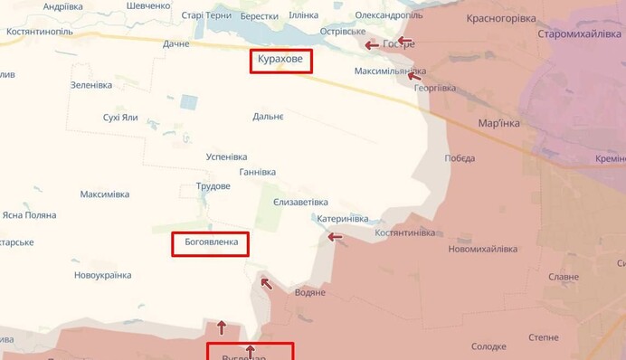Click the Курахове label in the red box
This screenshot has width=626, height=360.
[281, 61]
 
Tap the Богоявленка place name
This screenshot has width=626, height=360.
[209, 243]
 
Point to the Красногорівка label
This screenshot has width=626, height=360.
[500, 18]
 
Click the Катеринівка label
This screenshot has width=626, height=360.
[341, 219]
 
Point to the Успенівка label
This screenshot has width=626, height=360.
[227, 156]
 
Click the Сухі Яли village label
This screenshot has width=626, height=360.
[120, 118]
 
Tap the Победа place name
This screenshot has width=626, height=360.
[460, 158]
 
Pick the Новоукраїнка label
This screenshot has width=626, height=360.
[102, 275]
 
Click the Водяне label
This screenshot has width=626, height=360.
[310, 292]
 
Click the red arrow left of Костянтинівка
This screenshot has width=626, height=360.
[335, 237]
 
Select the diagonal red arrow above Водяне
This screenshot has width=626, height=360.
[265, 283]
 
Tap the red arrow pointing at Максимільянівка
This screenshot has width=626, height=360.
[414, 76]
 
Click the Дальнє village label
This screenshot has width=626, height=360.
[268, 117]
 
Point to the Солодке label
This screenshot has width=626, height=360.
[488, 346]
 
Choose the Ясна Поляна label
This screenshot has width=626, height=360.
[29, 215]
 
